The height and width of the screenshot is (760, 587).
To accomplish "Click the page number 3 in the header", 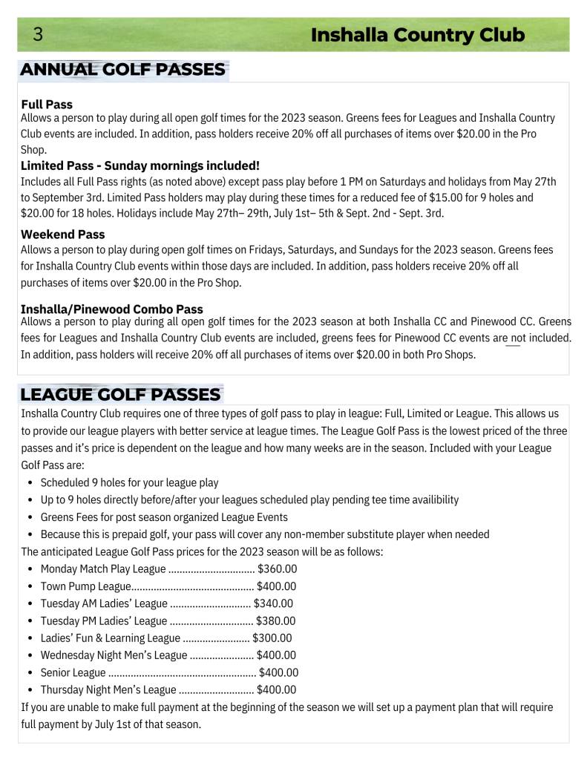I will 38,35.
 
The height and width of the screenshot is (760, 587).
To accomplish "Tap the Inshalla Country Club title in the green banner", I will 417,35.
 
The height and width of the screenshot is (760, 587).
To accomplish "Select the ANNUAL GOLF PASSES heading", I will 122,70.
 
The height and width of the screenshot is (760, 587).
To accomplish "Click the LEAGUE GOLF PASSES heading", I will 120,394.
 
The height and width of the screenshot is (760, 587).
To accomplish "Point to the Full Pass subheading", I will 47,105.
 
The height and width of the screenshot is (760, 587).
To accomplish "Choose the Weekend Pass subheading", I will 63,235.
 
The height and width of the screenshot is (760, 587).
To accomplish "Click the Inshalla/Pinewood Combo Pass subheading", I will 112,309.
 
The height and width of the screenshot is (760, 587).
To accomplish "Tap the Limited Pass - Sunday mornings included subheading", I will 140,166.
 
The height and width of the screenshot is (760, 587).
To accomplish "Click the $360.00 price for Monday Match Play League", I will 277,569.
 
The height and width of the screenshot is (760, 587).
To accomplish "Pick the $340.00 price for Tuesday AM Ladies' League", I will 273,603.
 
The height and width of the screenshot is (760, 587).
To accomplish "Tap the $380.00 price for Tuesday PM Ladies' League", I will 275,620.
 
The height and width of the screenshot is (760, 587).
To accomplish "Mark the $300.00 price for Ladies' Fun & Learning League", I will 272,638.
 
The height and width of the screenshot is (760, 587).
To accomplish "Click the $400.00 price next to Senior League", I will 278,672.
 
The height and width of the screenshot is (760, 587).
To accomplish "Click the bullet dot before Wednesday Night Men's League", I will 29,655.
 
